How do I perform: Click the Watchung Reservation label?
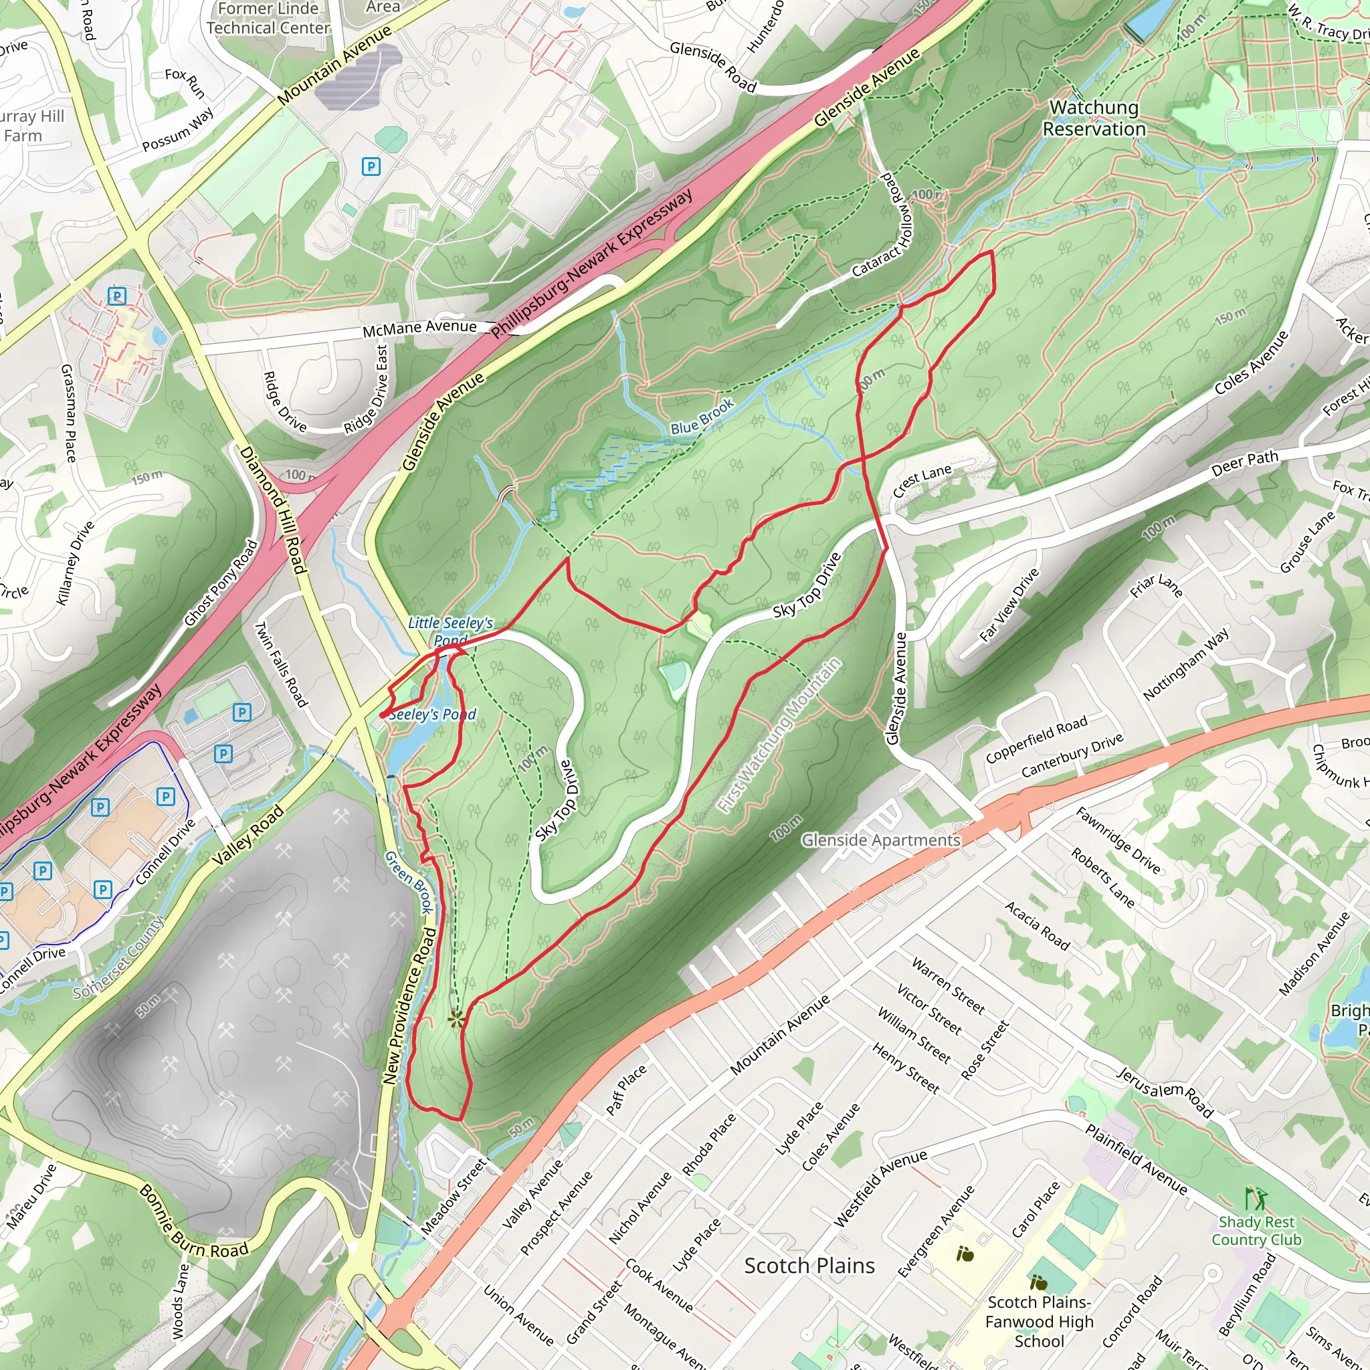[x=1094, y=118]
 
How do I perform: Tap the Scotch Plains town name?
[x=809, y=1266]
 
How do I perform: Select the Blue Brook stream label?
[x=701, y=417]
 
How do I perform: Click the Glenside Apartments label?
[x=881, y=840]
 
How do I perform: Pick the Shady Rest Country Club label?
[x=1256, y=1230]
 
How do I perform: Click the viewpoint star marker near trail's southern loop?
[x=456, y=1019]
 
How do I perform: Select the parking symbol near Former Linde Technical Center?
[x=371, y=167]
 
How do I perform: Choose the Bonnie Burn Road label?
[x=193, y=1221]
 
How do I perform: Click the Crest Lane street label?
[x=921, y=482]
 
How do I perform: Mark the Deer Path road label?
[x=1244, y=463]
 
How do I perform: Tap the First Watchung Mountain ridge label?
[x=779, y=735]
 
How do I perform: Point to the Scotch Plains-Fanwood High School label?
[x=1039, y=1321]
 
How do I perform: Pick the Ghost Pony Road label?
[x=221, y=583]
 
